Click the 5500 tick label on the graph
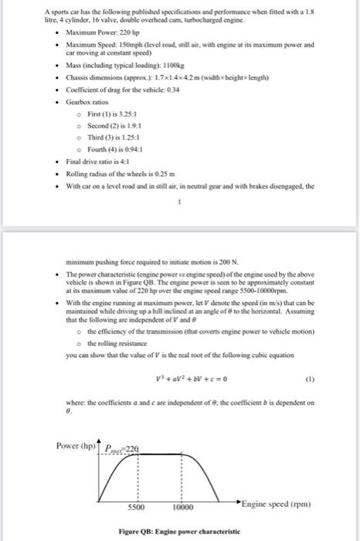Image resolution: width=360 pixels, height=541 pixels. point(136,509)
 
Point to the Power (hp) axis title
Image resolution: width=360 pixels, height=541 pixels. point(75,446)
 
